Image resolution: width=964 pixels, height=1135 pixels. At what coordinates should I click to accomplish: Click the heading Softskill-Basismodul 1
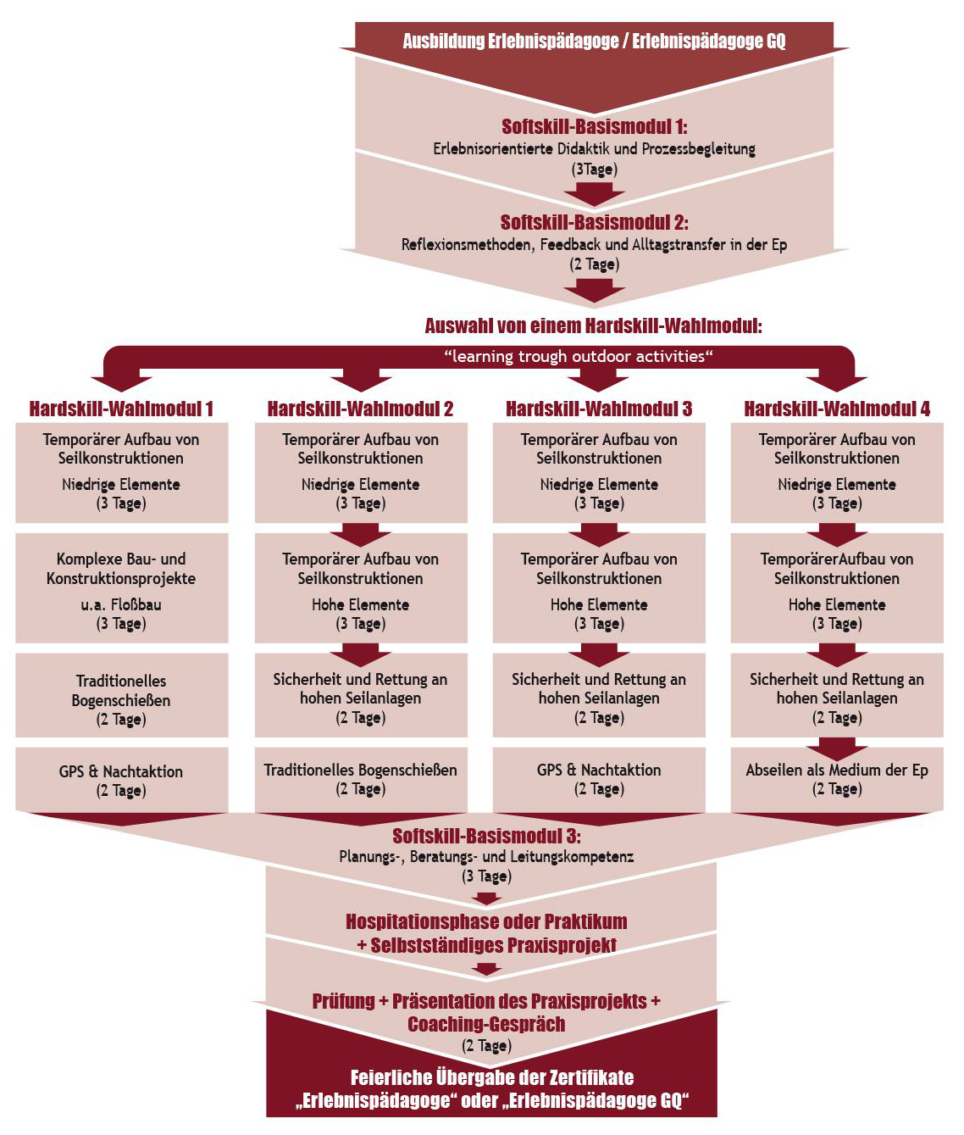click(x=594, y=127)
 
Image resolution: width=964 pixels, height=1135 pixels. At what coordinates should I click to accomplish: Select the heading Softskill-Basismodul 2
click(x=594, y=222)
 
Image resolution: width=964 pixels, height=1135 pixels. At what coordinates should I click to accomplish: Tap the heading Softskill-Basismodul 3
click(x=486, y=836)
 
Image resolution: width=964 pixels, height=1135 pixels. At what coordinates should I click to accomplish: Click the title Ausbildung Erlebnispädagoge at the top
click(x=594, y=42)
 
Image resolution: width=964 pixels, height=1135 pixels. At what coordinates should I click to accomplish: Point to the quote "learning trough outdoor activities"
click(x=579, y=357)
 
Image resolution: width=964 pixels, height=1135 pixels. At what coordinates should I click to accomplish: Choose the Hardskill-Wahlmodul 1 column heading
click(x=121, y=409)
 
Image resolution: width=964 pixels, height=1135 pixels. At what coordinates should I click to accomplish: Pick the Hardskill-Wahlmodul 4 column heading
click(x=837, y=409)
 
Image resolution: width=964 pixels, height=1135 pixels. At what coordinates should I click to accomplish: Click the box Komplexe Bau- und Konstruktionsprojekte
click(x=121, y=588)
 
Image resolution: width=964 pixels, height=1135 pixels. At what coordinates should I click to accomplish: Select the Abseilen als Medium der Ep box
click(x=837, y=779)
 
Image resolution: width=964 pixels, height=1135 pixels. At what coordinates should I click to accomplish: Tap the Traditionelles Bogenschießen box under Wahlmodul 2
click(x=361, y=779)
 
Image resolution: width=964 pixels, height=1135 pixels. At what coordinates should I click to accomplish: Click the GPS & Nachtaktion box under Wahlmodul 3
click(x=599, y=779)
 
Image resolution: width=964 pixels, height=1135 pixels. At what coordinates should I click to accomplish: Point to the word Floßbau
click(x=136, y=605)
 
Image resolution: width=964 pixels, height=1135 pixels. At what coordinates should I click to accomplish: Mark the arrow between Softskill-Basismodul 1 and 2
click(x=594, y=194)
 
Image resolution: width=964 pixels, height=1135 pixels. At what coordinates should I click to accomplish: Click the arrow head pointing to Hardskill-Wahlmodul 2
click(x=361, y=384)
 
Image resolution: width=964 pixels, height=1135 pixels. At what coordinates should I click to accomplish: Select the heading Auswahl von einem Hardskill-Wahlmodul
click(x=593, y=326)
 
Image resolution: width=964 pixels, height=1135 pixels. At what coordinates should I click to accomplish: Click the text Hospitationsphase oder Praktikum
click(x=486, y=921)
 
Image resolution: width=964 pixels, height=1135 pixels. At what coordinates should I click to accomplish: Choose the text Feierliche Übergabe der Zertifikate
click(x=492, y=1077)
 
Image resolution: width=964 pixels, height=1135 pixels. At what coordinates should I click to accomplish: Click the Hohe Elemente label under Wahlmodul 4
click(x=837, y=605)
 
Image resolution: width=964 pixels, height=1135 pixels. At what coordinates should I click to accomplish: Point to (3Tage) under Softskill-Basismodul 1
click(x=594, y=170)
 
